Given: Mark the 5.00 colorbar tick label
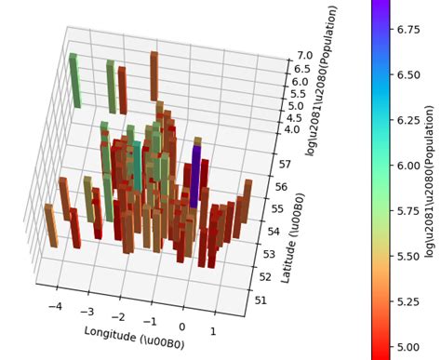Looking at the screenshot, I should tap(404, 345).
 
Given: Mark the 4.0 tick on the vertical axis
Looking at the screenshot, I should tap(293, 129).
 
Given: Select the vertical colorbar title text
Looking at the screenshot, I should tap(429, 182).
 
